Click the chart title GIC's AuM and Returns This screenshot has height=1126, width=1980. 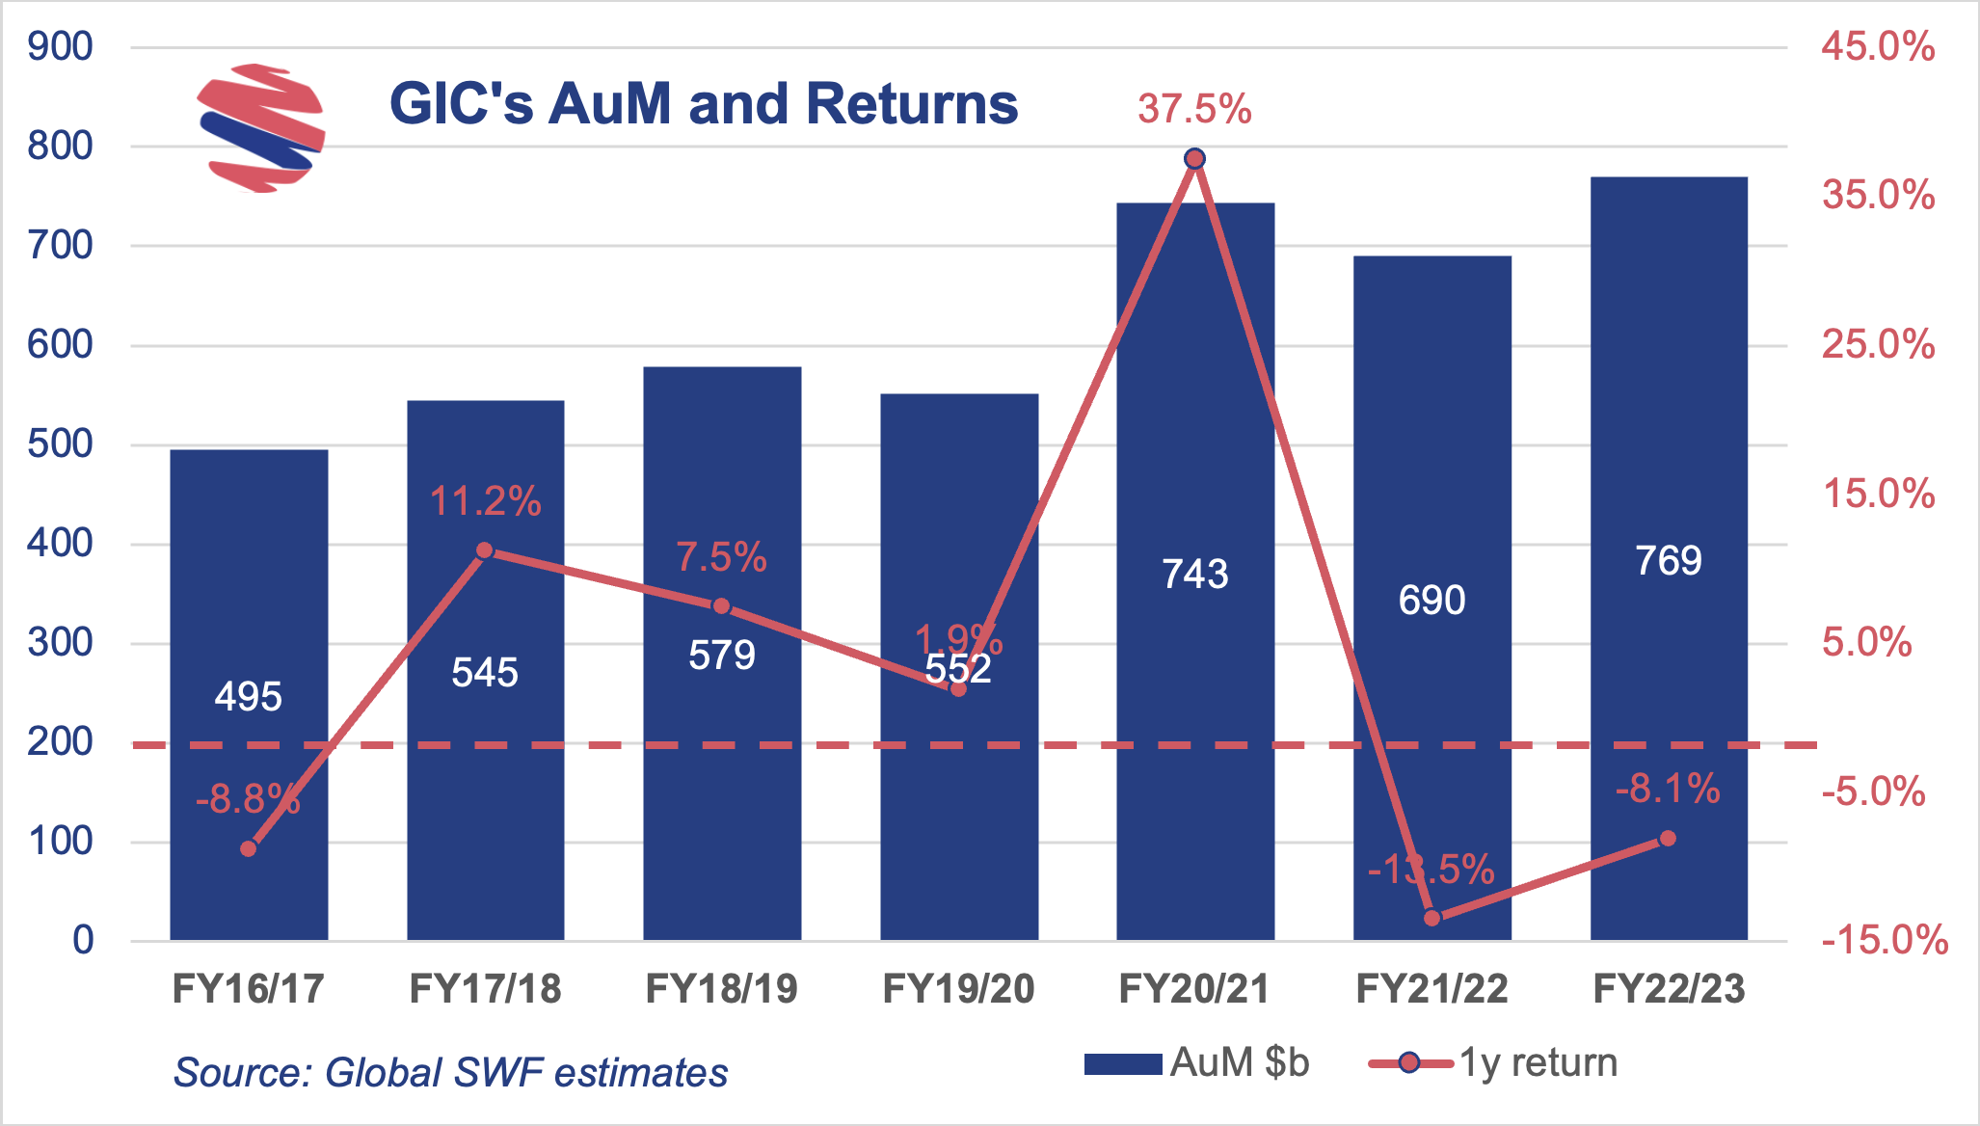[x=703, y=103]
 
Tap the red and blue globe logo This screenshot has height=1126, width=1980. [x=260, y=128]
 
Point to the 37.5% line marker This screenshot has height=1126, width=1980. [x=1194, y=159]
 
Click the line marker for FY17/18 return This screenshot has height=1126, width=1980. [x=485, y=550]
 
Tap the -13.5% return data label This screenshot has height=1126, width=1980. [x=1431, y=870]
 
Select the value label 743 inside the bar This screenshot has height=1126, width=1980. [x=1195, y=575]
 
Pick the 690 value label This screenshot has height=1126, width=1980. [x=1431, y=601]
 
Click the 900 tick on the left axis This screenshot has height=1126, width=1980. [x=60, y=46]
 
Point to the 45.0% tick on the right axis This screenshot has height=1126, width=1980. [x=1877, y=46]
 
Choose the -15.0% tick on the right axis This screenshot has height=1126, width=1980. [x=1884, y=940]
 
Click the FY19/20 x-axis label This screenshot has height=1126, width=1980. [x=958, y=989]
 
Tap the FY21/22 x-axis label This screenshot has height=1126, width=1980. [x=1431, y=989]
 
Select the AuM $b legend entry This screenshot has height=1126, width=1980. [x=1196, y=1063]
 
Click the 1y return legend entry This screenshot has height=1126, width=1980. [x=1494, y=1063]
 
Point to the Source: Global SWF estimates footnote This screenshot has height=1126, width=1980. [x=450, y=1073]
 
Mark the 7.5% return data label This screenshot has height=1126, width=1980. [x=721, y=557]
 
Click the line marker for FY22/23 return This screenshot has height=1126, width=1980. [x=1668, y=839]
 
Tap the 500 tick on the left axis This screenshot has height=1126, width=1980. [x=60, y=444]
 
